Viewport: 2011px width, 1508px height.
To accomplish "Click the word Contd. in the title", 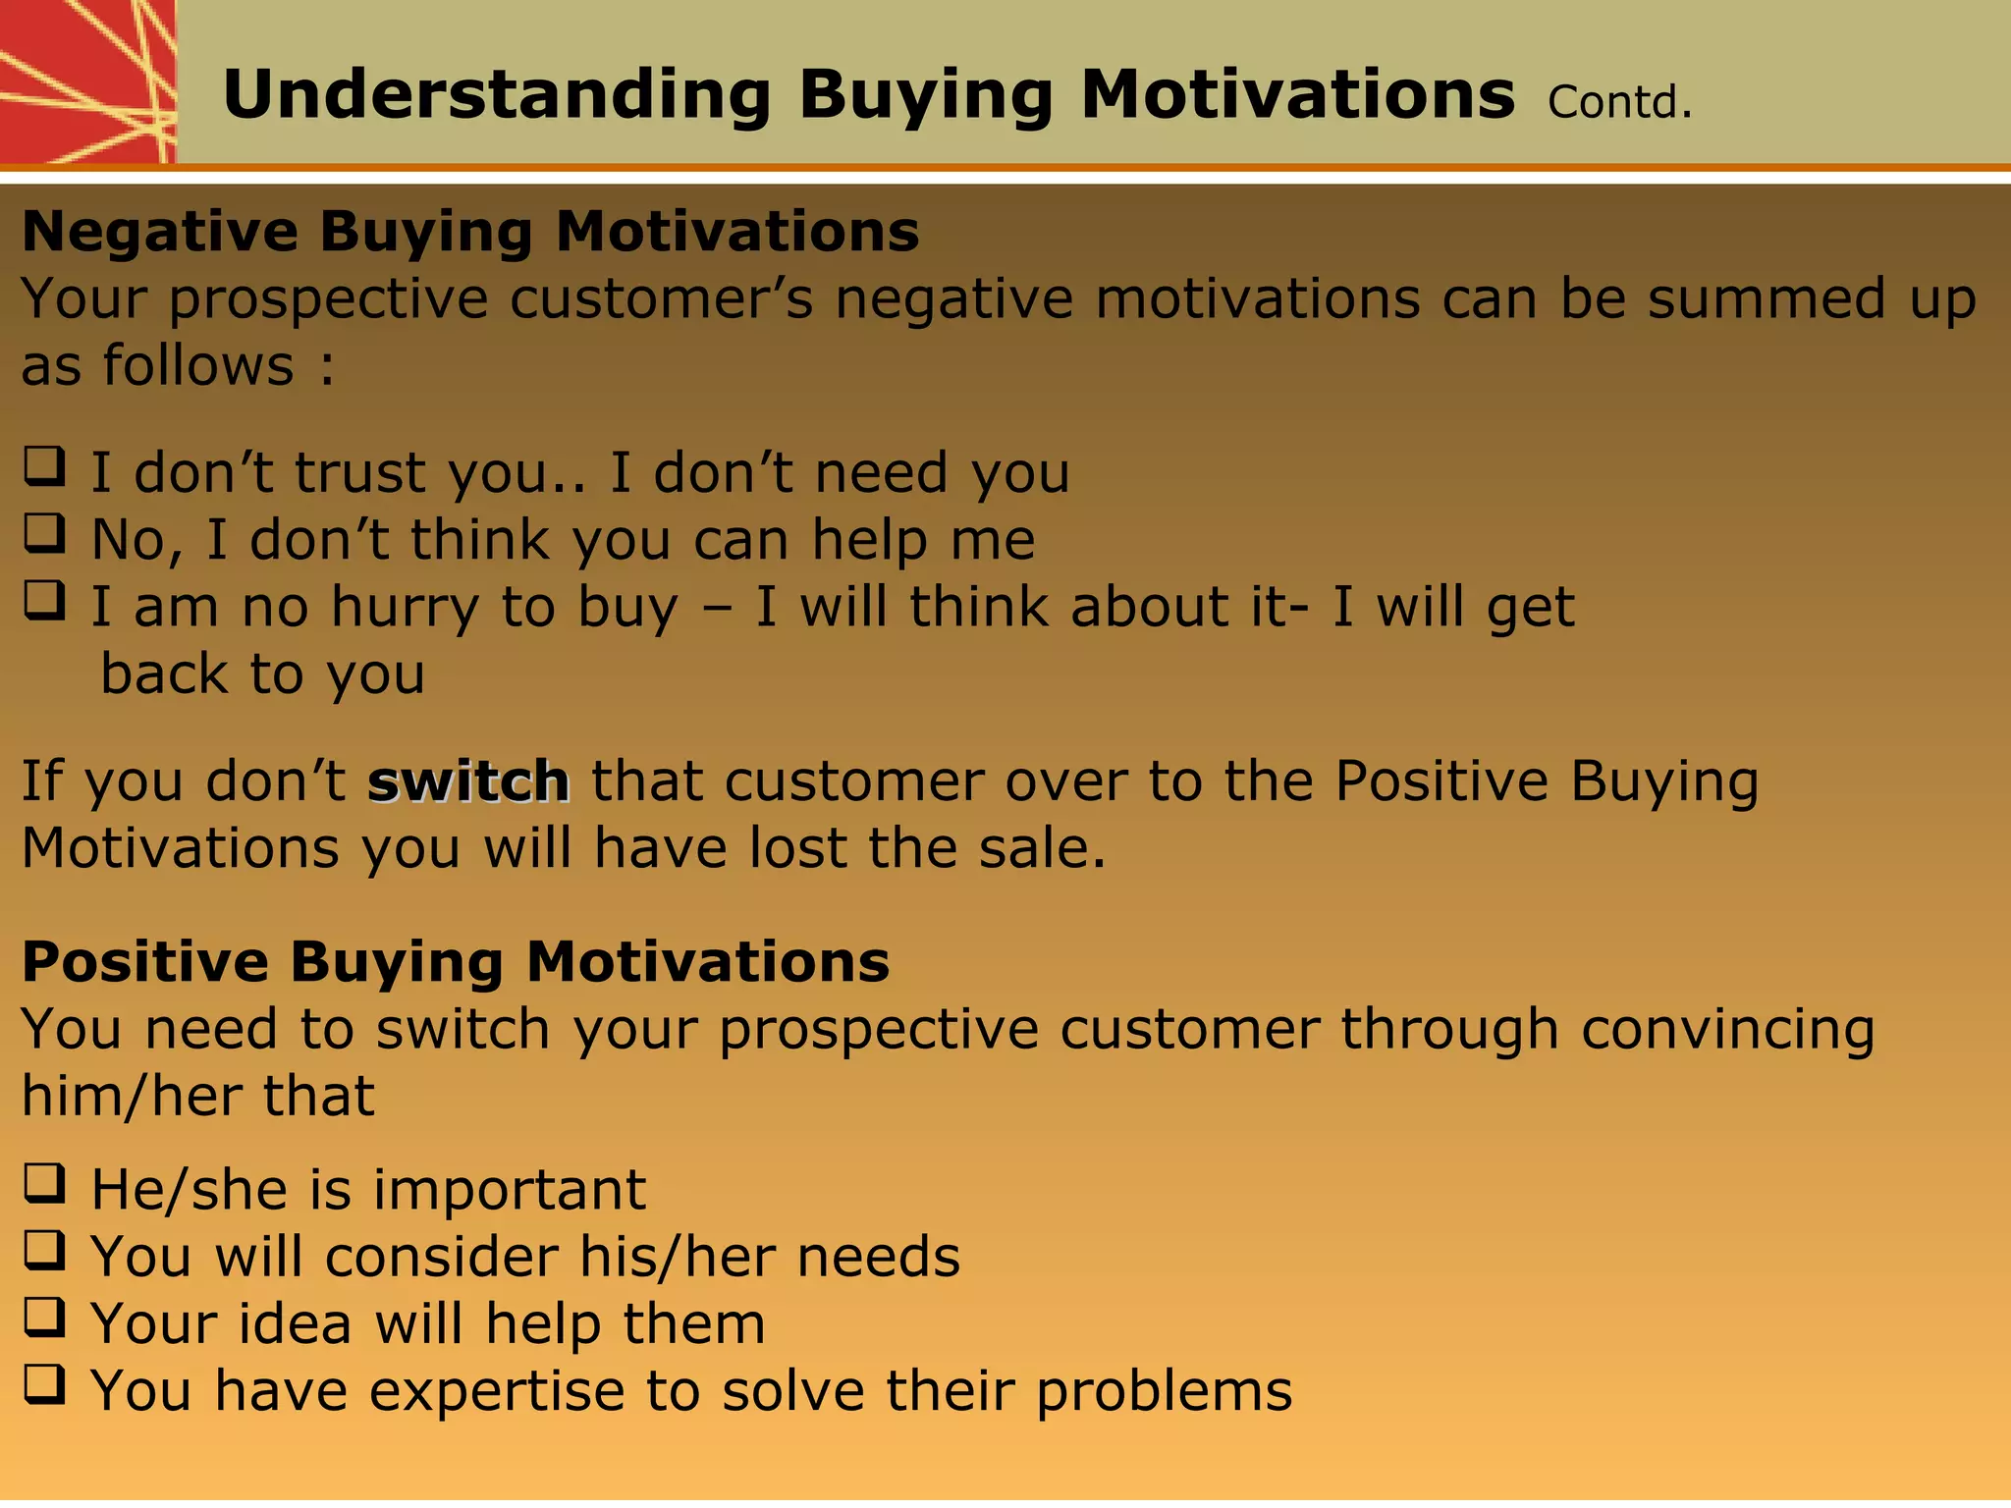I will click(1620, 102).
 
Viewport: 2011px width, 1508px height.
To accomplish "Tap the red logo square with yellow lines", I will click(86, 81).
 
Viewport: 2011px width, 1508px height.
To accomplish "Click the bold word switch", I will click(468, 782).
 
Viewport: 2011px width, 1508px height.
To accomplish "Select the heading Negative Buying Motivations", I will click(470, 232).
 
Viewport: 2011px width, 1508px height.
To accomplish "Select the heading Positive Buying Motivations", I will click(456, 961).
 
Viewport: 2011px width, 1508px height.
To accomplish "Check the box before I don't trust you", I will click(44, 466).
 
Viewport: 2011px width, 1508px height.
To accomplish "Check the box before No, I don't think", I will click(44, 533).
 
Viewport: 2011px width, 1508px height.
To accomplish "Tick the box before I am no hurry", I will click(44, 600).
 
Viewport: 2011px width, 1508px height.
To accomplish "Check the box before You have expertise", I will click(44, 1384).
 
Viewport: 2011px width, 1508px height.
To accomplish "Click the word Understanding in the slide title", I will click(497, 96).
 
